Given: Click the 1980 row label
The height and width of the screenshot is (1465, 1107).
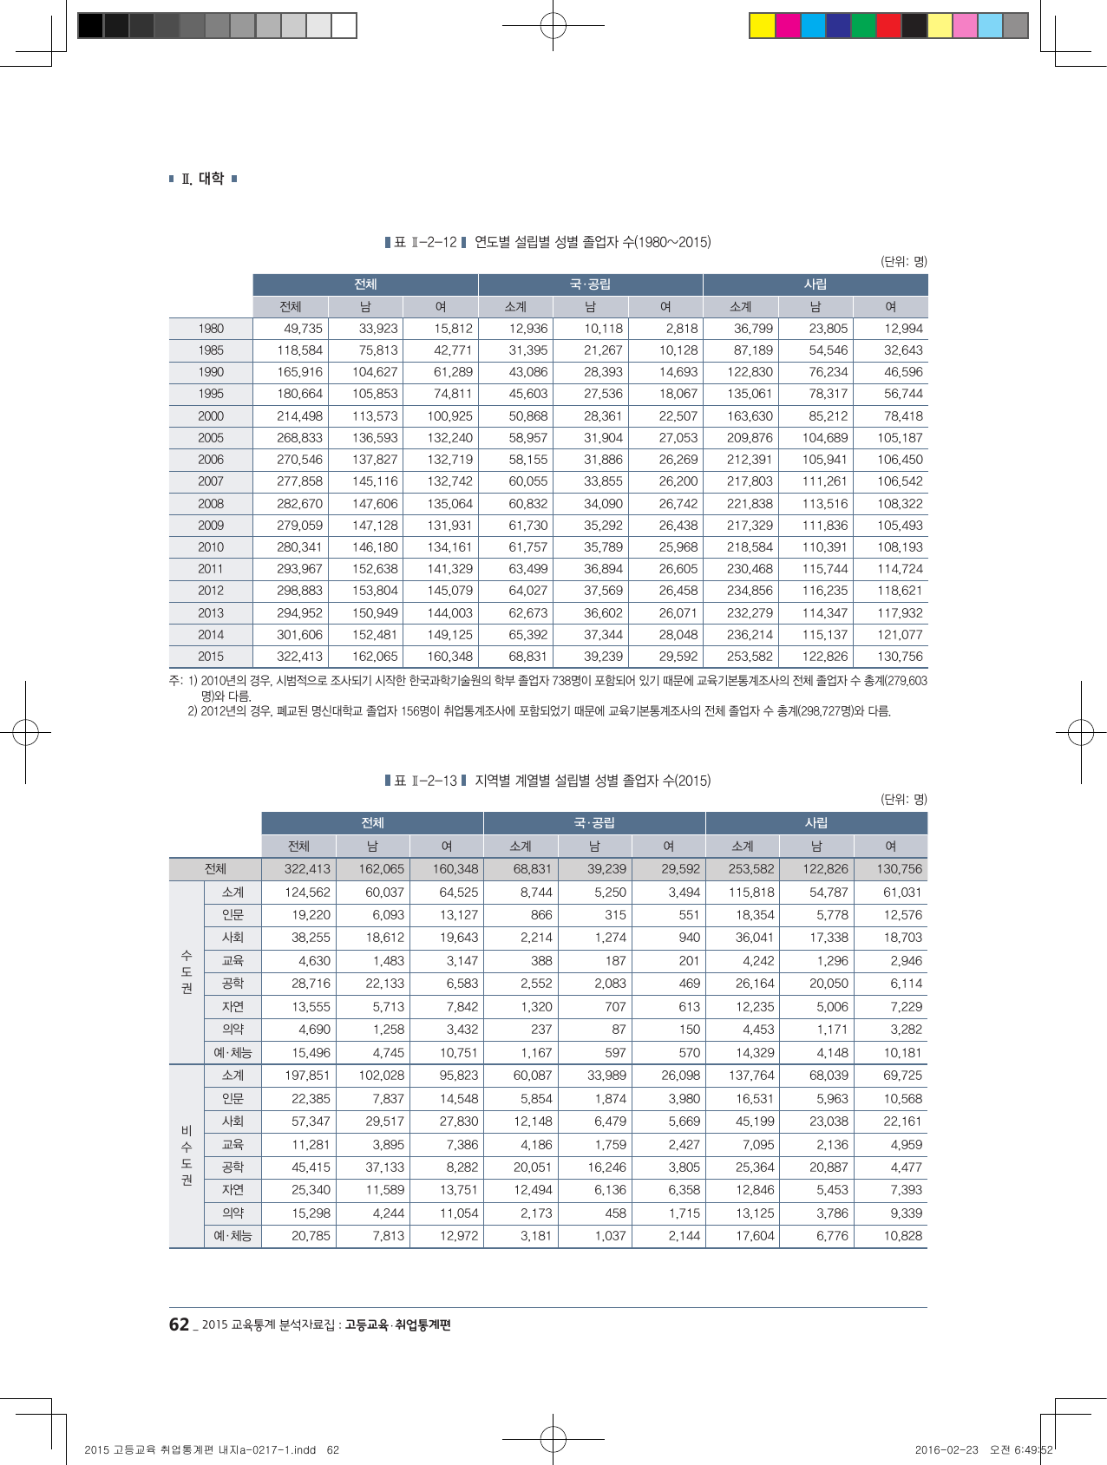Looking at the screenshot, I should click(x=211, y=329).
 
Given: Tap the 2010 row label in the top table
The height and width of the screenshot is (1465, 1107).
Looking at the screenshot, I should click(x=211, y=547).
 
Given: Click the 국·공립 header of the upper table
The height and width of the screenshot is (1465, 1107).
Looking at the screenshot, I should click(x=590, y=284).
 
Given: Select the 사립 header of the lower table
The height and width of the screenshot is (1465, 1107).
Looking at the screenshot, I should click(x=816, y=823).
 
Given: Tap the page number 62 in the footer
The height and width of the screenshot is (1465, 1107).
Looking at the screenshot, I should click(x=179, y=1324).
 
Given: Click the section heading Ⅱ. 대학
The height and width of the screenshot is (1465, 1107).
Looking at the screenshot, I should click(x=203, y=179).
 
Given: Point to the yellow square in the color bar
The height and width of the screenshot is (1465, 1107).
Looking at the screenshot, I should click(x=762, y=26).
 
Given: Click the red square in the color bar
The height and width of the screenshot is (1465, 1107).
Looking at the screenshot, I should click(x=888, y=26).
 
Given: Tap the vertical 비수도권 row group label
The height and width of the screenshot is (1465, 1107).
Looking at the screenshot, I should click(x=187, y=1155).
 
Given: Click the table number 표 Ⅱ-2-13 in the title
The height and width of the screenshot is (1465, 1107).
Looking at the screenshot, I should click(x=425, y=781).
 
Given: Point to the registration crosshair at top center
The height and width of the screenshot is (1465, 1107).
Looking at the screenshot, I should click(x=553, y=26).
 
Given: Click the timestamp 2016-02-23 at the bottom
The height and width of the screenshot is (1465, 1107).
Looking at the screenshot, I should click(x=946, y=1450).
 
